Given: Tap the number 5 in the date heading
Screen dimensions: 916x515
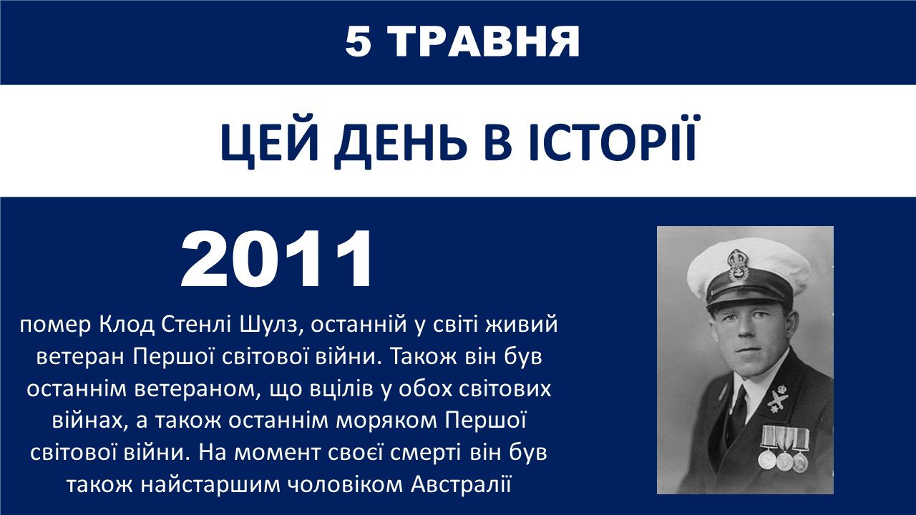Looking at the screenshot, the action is point(359,41).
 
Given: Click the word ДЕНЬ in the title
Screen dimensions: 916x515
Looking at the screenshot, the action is point(401,144).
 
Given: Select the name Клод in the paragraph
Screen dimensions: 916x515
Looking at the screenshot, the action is point(127,325).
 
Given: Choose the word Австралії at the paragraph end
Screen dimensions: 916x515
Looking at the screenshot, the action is point(462,484).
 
